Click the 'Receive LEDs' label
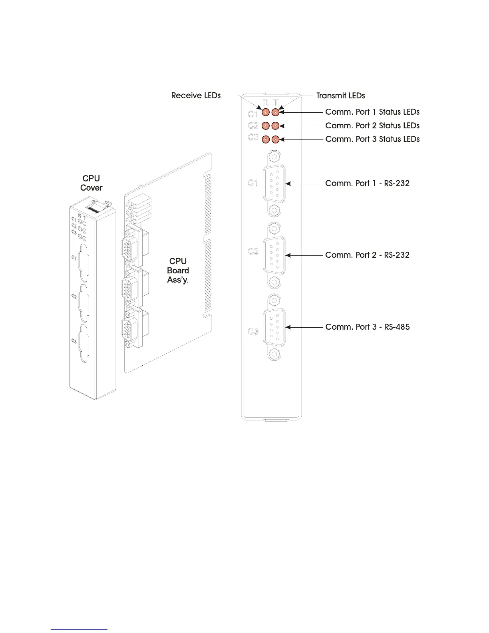[196, 96]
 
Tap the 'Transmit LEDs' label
[340, 96]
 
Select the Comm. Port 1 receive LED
[265, 112]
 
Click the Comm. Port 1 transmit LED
[275, 112]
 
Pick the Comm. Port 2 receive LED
[265, 126]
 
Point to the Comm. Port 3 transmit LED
[275, 139]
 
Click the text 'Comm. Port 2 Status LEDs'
[372, 125]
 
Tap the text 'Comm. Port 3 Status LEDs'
[372, 139]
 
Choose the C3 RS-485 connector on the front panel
[274, 327]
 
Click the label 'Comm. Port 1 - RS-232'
[367, 183]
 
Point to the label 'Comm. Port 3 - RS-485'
[367, 327]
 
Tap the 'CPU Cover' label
[91, 183]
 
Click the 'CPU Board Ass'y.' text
[178, 271]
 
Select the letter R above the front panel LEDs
[266, 103]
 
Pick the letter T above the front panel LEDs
[276, 103]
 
